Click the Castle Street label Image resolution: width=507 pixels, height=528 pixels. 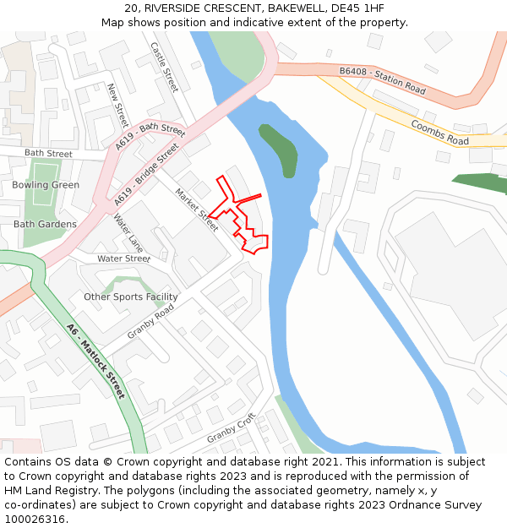165,67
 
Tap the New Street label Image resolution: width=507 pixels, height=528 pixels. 117,105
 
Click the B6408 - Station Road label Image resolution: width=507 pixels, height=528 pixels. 382,80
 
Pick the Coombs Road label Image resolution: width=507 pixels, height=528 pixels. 439,132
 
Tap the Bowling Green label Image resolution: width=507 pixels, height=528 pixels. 46,185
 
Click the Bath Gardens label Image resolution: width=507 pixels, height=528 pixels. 45,225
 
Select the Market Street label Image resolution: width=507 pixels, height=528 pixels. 196,209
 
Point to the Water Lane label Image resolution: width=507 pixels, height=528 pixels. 128,233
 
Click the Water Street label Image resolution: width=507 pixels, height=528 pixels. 123,259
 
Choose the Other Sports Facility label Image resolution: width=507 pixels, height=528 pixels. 131,297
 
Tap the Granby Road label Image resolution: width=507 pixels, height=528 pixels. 150,322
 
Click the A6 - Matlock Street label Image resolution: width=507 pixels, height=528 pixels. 96,362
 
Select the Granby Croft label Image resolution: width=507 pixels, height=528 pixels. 231,428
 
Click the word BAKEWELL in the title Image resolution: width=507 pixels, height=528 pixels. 286,8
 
